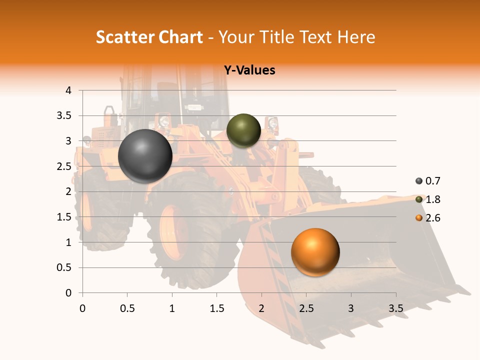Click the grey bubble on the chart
[x=145, y=156]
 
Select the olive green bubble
[x=243, y=130]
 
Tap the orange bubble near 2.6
[x=315, y=252]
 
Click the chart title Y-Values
[x=249, y=70]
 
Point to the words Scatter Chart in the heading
[x=149, y=37]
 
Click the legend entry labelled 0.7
[x=433, y=181]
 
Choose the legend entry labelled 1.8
[x=433, y=199]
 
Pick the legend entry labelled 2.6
[x=433, y=218]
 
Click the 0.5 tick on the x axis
[x=127, y=308]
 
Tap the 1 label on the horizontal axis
[x=172, y=308]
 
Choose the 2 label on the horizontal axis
[x=261, y=308]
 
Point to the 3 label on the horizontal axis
[x=351, y=308]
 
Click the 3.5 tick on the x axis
[x=395, y=308]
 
